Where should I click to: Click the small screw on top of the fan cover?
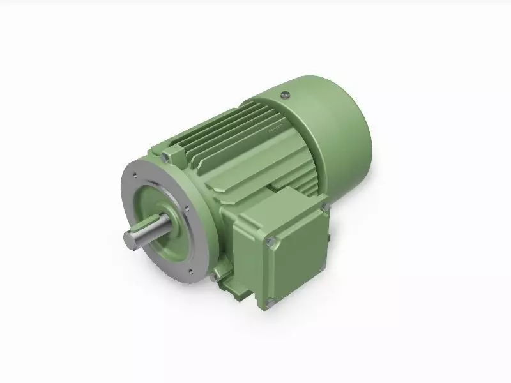[x=285, y=95]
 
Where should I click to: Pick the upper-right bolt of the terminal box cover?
[x=324, y=206]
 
